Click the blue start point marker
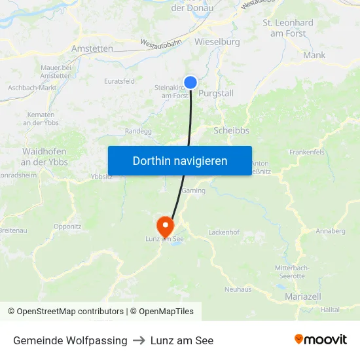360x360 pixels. point(190,82)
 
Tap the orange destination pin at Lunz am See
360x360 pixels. point(165,226)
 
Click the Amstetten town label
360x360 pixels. point(92,48)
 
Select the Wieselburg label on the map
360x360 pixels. point(217,42)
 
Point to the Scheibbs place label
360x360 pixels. point(231,130)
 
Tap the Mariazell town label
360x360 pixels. point(303,297)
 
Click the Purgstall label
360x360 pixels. point(215,94)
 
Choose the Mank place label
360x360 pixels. point(314,56)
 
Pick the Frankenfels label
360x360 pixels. point(307,152)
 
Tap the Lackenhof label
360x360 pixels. point(224,232)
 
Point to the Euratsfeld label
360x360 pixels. point(119,81)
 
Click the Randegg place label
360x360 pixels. point(138,131)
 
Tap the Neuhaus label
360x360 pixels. point(238,289)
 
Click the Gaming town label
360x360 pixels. point(194,190)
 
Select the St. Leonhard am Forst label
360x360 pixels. point(288,28)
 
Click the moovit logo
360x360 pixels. point(321,340)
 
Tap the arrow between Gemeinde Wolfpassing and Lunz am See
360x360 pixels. point(139,340)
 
